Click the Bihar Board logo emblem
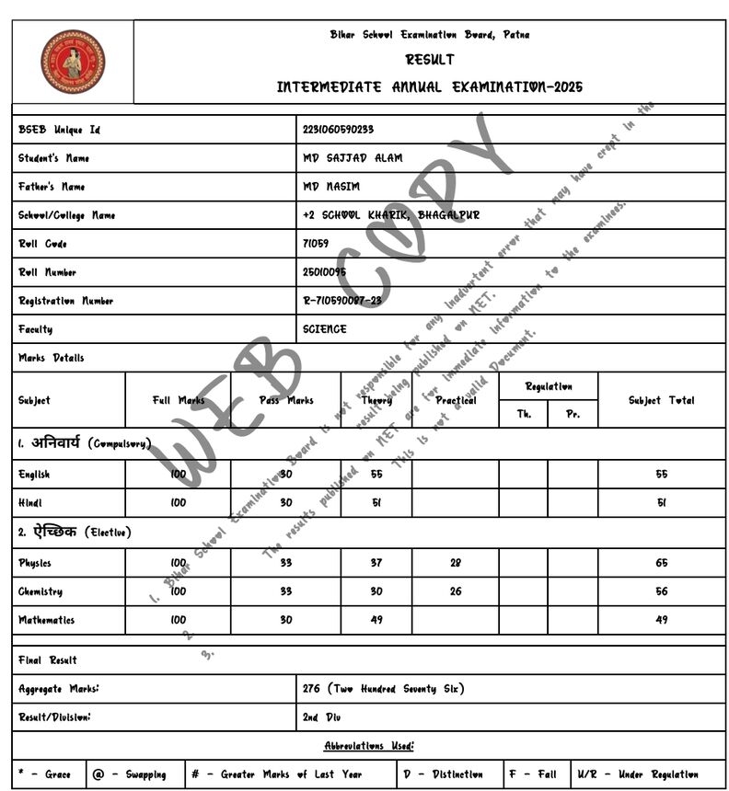pos(73,62)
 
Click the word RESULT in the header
pos(430,60)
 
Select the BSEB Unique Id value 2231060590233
pos(338,130)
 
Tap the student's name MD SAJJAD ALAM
pos(353,158)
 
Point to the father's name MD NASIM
pos(331,187)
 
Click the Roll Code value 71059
pos(315,244)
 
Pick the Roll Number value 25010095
pos(324,272)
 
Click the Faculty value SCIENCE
pos(325,329)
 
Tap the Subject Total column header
pos(661,401)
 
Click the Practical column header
pos(456,401)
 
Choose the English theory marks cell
pos(376,475)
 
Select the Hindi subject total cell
pos(661,503)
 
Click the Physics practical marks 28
pos(456,563)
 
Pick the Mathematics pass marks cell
pos(285,620)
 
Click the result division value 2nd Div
pos(322,717)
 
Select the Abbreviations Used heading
pos(368,746)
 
